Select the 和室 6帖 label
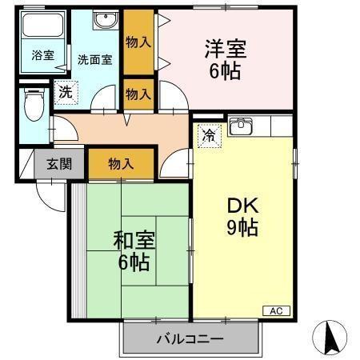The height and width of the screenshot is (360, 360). (134, 250)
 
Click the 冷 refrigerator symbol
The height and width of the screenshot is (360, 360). (209, 135)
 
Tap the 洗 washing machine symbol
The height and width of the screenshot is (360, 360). (66, 91)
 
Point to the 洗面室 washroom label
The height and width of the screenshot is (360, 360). (94, 58)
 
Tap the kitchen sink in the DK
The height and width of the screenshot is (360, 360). (241, 126)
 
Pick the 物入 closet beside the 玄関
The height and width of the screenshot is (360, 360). (121, 164)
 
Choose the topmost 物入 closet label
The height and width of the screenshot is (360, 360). (138, 42)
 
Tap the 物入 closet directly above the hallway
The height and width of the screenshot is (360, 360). (138, 94)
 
